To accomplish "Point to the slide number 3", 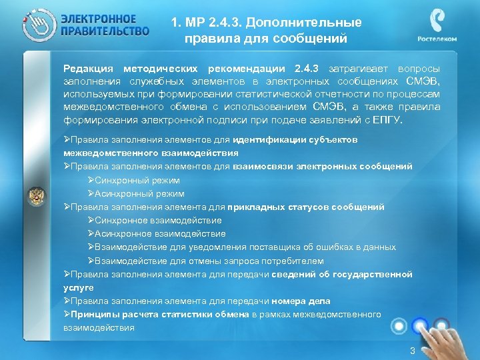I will (x=413, y=351).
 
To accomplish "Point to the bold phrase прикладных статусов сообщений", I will (x=306, y=207).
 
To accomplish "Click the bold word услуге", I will (x=79, y=287).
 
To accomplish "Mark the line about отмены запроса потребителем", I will (x=209, y=261).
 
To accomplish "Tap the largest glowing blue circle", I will (x=420, y=325).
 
